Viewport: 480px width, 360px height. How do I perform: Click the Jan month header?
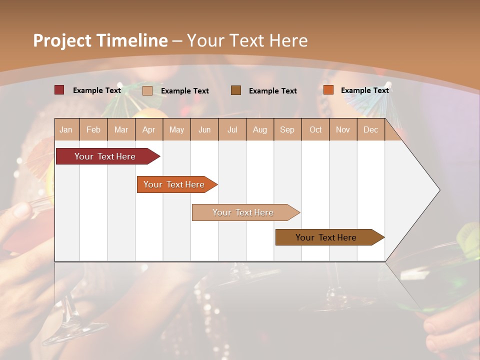click(x=66, y=129)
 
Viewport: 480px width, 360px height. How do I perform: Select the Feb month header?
click(x=93, y=129)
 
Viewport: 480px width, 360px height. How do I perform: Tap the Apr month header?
click(x=148, y=129)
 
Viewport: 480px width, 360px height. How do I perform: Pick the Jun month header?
click(x=204, y=129)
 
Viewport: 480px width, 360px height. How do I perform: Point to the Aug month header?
click(x=259, y=129)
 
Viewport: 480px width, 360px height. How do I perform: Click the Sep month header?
click(x=287, y=129)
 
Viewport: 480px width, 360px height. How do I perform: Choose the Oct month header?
click(x=315, y=129)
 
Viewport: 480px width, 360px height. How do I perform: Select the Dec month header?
click(x=370, y=129)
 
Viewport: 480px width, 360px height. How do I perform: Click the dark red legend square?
click(x=59, y=90)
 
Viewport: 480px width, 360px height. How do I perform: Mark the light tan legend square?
click(x=147, y=90)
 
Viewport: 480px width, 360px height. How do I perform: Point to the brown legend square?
click(x=236, y=90)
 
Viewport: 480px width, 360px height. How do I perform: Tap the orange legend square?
click(x=328, y=90)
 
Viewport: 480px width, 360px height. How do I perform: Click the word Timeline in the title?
click(x=132, y=40)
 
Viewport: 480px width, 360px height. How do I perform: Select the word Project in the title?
click(x=62, y=40)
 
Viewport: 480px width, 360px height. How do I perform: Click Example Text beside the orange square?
click(x=364, y=90)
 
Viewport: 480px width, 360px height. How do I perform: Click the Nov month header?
click(x=342, y=129)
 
